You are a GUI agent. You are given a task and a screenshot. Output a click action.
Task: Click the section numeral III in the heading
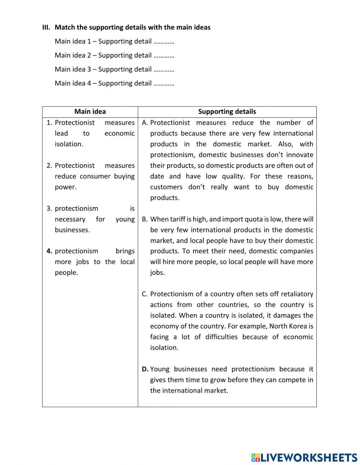click(x=46, y=27)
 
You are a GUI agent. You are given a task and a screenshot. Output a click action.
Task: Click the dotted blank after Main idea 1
click(x=164, y=42)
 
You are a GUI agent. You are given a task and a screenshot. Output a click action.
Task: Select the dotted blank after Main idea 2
click(x=164, y=56)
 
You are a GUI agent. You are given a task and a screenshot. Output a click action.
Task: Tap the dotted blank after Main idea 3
click(x=164, y=70)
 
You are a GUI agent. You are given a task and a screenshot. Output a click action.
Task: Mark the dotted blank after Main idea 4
click(x=164, y=84)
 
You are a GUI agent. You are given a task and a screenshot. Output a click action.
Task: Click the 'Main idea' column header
click(x=90, y=112)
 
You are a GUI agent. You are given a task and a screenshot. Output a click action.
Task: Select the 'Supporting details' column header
click(x=227, y=112)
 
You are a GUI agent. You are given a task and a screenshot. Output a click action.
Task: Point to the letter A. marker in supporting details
click(x=145, y=123)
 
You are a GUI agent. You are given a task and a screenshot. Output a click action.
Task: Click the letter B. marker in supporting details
click(x=145, y=219)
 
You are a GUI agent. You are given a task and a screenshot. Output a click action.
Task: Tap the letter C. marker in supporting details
click(x=145, y=294)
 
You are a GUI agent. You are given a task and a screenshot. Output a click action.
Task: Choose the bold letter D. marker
click(x=145, y=369)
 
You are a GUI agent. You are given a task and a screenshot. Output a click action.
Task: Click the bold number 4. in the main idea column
click(x=49, y=251)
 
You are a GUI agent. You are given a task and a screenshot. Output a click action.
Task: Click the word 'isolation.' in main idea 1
click(x=69, y=144)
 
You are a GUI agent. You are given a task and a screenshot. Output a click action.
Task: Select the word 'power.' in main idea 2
click(x=66, y=187)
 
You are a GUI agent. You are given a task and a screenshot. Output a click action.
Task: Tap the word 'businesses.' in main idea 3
click(x=72, y=230)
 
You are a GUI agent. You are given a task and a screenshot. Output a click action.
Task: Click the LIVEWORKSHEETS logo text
click(x=308, y=457)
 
